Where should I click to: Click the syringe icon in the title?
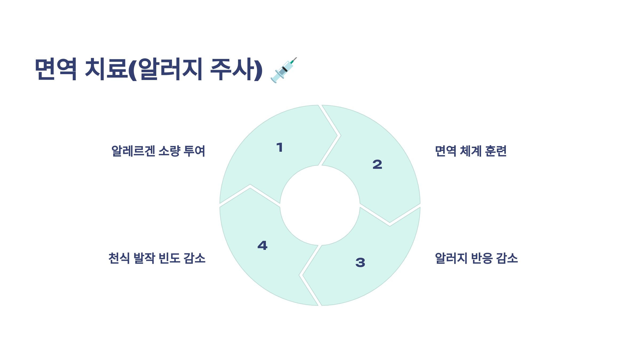pos(284,70)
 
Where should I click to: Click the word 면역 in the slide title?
pos(56,69)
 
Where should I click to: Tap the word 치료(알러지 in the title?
pos(143,69)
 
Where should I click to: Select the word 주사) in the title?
pos(236,69)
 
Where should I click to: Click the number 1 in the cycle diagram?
pos(279,147)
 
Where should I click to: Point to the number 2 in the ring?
pos(377,164)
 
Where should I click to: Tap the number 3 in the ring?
pos(360,262)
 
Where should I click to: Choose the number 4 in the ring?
pos(262,245)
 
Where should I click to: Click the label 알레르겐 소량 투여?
pos(158,151)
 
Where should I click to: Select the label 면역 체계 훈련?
pos(471,151)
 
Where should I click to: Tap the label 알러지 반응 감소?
pos(476,258)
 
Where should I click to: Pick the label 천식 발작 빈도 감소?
pos(157,258)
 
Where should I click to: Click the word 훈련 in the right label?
pos(496,151)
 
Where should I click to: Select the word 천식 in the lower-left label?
pos(119,258)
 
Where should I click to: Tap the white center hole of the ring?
pos(320,205)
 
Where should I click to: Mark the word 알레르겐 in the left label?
pos(133,151)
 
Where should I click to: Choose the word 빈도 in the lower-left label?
pos(169,258)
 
